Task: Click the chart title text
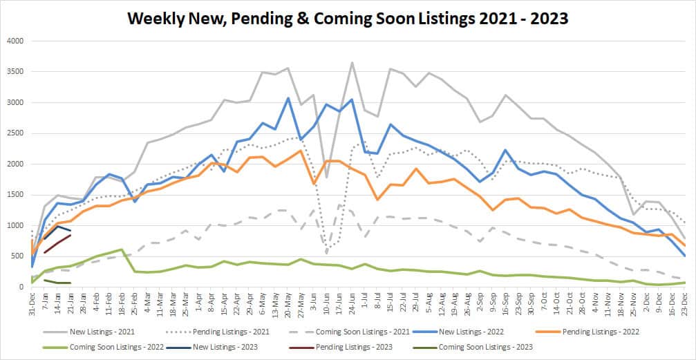click(x=348, y=19)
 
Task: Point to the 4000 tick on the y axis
click(x=15, y=41)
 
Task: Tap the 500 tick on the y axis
click(x=17, y=256)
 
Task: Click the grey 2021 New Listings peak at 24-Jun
click(x=352, y=63)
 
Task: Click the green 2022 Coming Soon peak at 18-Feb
click(x=122, y=249)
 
